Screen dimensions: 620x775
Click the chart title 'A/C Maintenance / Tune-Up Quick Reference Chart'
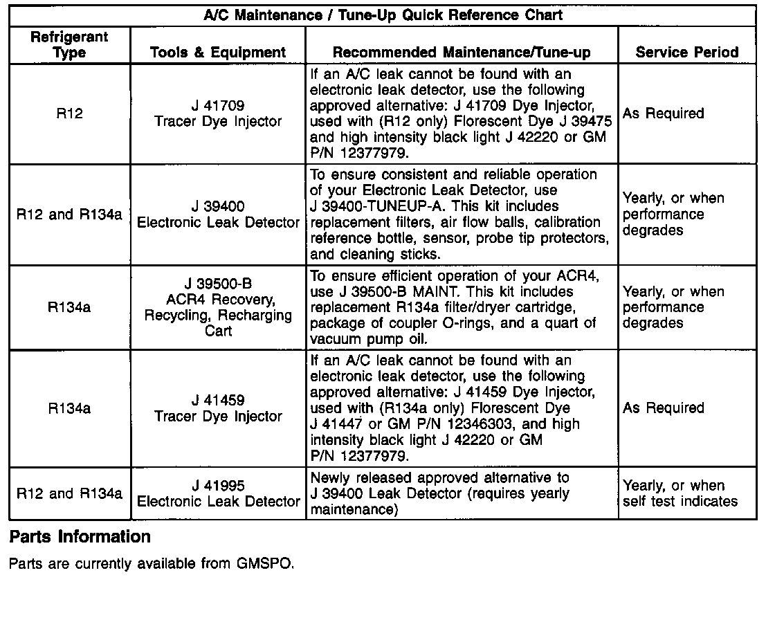(x=383, y=15)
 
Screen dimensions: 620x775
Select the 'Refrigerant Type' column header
(x=70, y=45)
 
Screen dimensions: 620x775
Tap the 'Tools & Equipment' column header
(x=218, y=53)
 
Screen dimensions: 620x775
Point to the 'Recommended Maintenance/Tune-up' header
(x=462, y=53)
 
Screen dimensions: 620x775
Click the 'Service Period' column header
(x=687, y=53)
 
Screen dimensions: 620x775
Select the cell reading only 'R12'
(x=70, y=113)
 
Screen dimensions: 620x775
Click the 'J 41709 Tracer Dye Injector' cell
(x=218, y=113)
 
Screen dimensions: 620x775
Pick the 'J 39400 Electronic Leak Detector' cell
(x=218, y=215)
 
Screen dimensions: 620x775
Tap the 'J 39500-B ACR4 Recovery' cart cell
(x=218, y=307)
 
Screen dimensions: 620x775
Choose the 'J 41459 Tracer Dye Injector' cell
(x=218, y=408)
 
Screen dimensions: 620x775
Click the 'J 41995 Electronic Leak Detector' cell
(x=218, y=493)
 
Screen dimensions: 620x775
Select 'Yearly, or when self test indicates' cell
(x=680, y=493)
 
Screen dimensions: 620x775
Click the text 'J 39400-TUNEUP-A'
(x=375, y=206)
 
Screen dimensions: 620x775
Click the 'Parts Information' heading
(x=80, y=537)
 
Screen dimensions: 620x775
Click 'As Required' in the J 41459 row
(x=663, y=408)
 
